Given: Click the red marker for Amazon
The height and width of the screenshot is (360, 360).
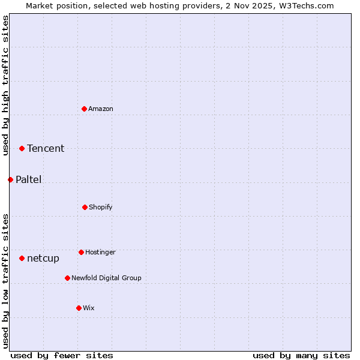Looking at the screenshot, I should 85,109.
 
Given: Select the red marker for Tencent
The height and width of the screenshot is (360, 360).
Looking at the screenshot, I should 22,148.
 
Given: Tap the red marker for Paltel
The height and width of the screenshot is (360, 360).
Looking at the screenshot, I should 10,179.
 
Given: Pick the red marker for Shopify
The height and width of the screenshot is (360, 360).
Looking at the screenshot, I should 85,207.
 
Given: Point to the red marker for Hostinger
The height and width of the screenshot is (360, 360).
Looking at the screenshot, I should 81,252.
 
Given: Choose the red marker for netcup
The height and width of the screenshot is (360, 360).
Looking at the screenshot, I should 22,258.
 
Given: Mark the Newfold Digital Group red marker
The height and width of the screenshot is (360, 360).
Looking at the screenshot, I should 67,278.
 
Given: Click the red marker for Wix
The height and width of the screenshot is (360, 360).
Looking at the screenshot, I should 79,308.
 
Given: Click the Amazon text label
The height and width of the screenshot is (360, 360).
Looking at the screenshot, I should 101,109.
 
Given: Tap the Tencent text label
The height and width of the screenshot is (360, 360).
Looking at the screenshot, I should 46,149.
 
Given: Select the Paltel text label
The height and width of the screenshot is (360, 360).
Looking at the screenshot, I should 29,180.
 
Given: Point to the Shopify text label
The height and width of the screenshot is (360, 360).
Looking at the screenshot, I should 101,208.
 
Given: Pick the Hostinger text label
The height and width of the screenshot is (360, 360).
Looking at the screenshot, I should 100,253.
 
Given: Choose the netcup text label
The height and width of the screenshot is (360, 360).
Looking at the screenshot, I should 43,259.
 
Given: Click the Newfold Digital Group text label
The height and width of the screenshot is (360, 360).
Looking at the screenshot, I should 106,278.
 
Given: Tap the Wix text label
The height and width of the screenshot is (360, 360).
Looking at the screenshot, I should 89,308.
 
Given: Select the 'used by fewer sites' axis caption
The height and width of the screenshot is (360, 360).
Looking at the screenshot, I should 62,355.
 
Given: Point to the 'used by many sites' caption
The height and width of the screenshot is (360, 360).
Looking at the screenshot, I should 301,355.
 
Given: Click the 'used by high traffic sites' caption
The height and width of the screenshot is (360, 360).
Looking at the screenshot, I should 5,85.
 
